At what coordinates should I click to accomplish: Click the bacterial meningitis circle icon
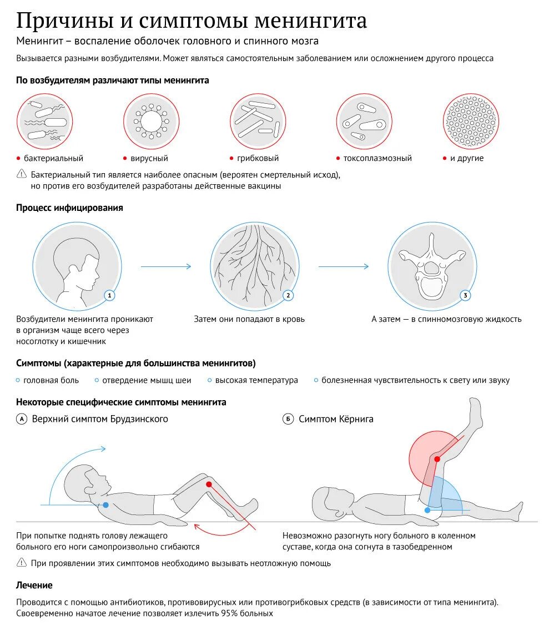pyautogui.click(x=44, y=121)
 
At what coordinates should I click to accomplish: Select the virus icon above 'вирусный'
pyautogui.click(x=151, y=121)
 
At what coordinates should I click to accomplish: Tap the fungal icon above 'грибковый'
pyautogui.click(x=258, y=121)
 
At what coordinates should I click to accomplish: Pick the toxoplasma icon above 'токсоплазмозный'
pyautogui.click(x=364, y=121)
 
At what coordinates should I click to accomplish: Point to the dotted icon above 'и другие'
pyautogui.click(x=471, y=121)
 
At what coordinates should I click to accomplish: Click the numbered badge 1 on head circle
pyautogui.click(x=110, y=295)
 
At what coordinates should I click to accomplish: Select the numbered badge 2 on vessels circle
pyautogui.click(x=288, y=295)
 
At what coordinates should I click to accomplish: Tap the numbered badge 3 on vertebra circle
pyautogui.click(x=465, y=295)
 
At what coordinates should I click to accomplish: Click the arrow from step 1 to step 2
pyautogui.click(x=166, y=266)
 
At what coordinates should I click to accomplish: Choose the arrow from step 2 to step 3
pyautogui.click(x=344, y=266)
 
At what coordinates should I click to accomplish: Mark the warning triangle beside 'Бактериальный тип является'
pyautogui.click(x=22, y=174)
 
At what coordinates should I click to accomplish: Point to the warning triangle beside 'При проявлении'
pyautogui.click(x=22, y=563)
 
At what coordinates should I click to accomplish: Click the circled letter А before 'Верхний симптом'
pyautogui.click(x=22, y=419)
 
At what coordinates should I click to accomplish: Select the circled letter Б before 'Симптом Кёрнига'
pyautogui.click(x=288, y=419)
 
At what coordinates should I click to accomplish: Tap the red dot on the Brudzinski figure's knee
pyautogui.click(x=209, y=484)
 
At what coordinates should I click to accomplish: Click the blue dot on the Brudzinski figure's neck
pyautogui.click(x=105, y=505)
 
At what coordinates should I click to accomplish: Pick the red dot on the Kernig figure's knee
pyautogui.click(x=437, y=459)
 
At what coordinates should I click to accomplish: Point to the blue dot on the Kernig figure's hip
pyautogui.click(x=427, y=509)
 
